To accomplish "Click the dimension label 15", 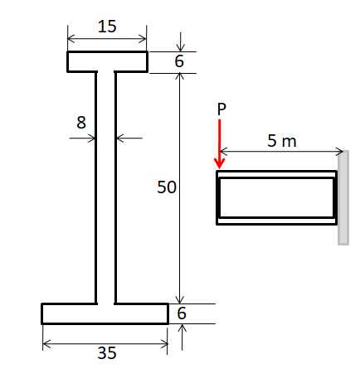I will pyautogui.click(x=107, y=26).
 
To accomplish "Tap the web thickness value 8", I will pyautogui.click(x=80, y=122).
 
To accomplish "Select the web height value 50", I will pyautogui.click(x=167, y=187).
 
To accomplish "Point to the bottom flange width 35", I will pyautogui.click(x=106, y=352).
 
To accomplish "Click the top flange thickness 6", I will pyautogui.click(x=179, y=62).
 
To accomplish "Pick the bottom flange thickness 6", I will pyautogui.click(x=182, y=313).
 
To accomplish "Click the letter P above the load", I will pyautogui.click(x=221, y=109).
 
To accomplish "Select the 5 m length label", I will pyautogui.click(x=282, y=141).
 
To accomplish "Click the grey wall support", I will pyautogui.click(x=343, y=199).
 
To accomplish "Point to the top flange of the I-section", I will pyautogui.click(x=107, y=62).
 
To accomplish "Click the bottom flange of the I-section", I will pyautogui.click(x=105, y=313).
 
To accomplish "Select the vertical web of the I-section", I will pyautogui.click(x=105, y=187).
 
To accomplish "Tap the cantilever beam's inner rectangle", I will pyautogui.click(x=276, y=197).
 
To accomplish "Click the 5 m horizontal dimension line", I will pyautogui.click(x=282, y=152).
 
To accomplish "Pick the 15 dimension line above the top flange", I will pyautogui.click(x=107, y=38).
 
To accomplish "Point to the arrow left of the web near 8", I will pyautogui.click(x=83, y=138).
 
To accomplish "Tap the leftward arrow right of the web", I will pyautogui.click(x=129, y=138).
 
